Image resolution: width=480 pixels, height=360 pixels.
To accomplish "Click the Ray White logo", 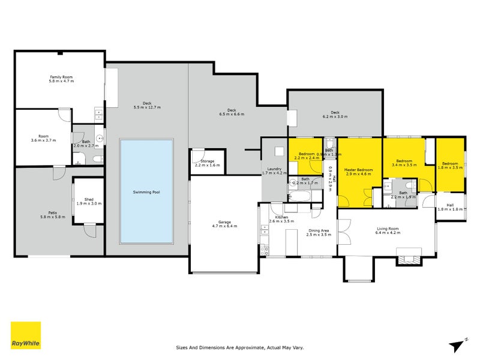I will (26, 335).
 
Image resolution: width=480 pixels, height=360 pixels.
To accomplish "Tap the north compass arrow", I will (458, 344).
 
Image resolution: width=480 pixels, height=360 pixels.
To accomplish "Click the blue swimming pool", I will (147, 191).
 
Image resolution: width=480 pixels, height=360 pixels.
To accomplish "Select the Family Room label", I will (61, 77).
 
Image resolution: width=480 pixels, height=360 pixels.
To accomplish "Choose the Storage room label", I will (207, 161).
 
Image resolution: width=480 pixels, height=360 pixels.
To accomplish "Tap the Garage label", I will (225, 223).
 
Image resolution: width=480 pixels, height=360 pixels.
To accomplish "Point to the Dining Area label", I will (318, 230).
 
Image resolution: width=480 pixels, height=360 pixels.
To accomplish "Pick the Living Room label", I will (387, 229).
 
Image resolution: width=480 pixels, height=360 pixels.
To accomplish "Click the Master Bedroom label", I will (358, 170).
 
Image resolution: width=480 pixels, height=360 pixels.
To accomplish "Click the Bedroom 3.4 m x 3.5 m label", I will (403, 161).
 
